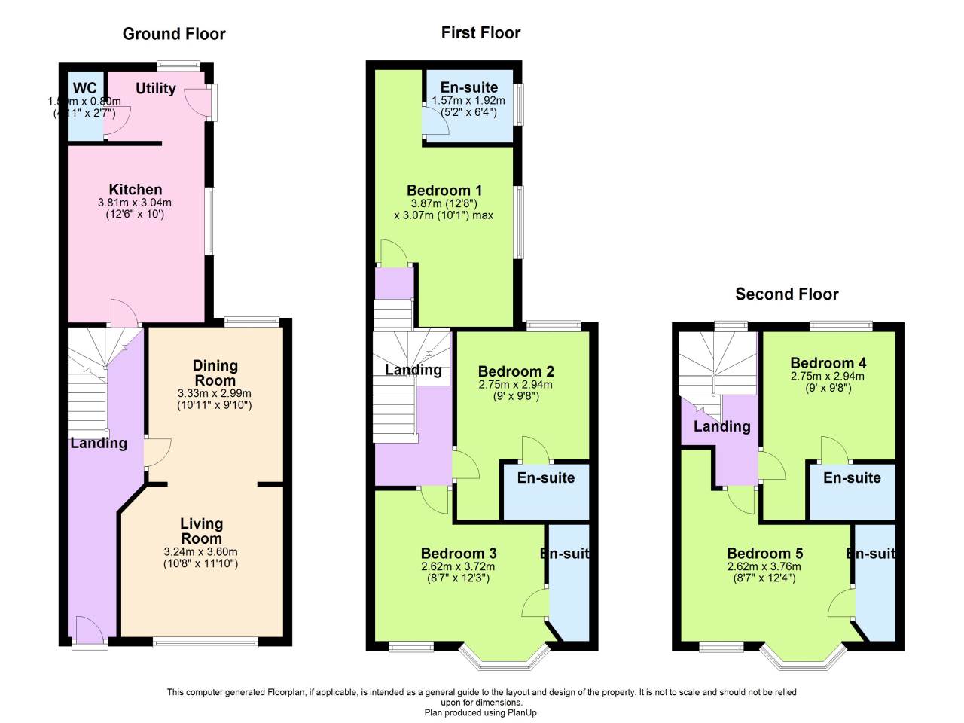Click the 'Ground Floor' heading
click(x=174, y=34)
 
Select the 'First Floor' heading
click(x=480, y=32)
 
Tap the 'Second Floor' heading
click(x=786, y=294)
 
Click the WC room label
click(x=85, y=89)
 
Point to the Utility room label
click(x=156, y=88)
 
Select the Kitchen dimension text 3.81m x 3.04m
click(x=135, y=203)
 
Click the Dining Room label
click(x=215, y=373)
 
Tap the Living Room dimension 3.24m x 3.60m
click(x=200, y=551)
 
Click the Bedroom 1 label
click(x=444, y=190)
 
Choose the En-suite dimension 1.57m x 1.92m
click(x=468, y=100)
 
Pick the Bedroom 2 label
click(x=516, y=371)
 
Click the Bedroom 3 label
click(x=458, y=554)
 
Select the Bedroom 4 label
click(x=828, y=363)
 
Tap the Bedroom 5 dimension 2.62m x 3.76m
click(x=764, y=567)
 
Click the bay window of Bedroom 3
click(x=503, y=660)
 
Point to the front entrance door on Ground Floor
click(x=89, y=631)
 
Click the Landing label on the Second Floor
click(x=721, y=426)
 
